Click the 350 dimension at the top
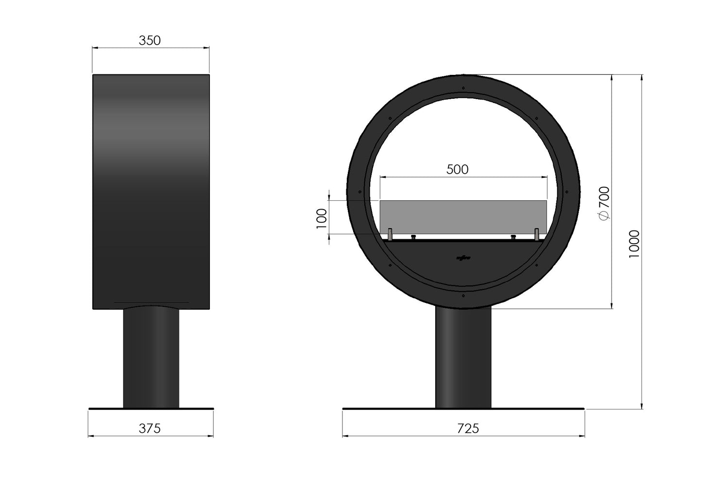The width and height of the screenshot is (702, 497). (x=150, y=41)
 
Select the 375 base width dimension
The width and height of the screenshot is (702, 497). (x=150, y=428)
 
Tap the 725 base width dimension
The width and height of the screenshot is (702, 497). (x=468, y=428)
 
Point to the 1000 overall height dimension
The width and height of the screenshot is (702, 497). (x=634, y=244)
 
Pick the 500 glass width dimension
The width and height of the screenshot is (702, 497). (x=457, y=169)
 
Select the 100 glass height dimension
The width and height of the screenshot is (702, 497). (x=321, y=217)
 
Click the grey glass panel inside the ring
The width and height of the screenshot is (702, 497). (x=463, y=216)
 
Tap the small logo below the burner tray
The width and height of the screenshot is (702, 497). (x=463, y=258)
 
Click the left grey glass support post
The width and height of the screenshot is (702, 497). (x=390, y=234)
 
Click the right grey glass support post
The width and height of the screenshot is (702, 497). (x=537, y=234)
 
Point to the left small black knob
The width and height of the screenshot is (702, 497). (x=413, y=237)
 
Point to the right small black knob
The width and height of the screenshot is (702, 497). (x=513, y=237)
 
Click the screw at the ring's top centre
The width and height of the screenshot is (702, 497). (x=463, y=88)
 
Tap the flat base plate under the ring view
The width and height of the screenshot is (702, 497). (x=463, y=409)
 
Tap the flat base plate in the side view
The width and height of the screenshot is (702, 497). (x=151, y=409)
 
